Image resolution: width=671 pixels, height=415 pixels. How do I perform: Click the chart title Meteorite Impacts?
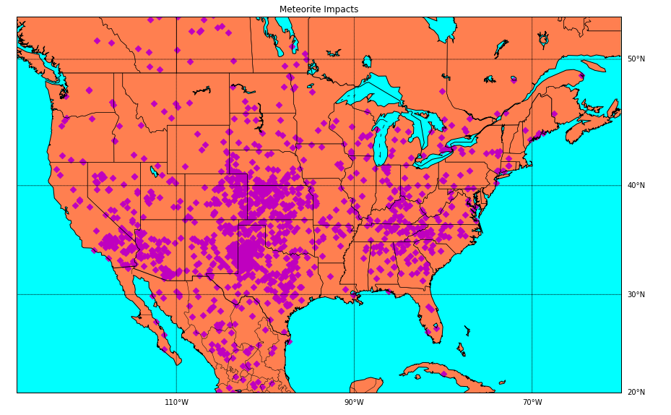click(x=319, y=9)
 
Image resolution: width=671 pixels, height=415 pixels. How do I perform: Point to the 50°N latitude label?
click(x=636, y=59)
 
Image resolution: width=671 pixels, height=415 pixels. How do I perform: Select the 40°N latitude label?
click(x=636, y=186)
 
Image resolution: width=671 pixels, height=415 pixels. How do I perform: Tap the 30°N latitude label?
click(x=636, y=294)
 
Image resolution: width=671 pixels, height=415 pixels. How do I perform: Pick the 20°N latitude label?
click(x=636, y=393)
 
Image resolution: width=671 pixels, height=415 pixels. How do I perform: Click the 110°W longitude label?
click(x=176, y=403)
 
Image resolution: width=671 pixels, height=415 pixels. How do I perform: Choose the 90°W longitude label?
click(x=354, y=403)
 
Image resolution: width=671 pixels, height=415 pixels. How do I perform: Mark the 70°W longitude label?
click(x=532, y=403)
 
